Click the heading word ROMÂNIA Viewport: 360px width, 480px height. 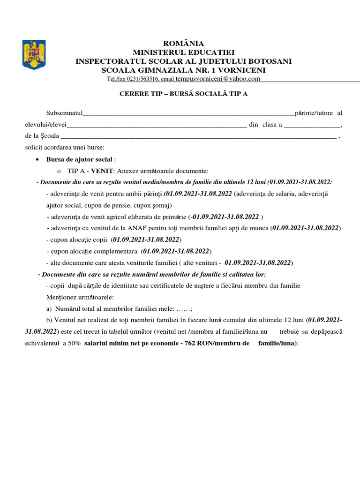point(183,44)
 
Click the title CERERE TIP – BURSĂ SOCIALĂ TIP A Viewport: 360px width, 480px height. point(183,94)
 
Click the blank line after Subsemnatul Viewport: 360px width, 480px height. point(188,114)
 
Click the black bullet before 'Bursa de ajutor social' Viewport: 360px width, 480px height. point(37,159)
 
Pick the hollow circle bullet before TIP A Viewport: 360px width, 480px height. point(59,171)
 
